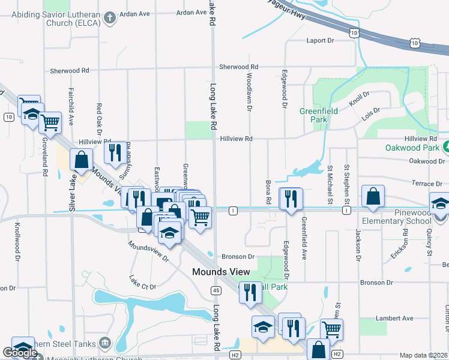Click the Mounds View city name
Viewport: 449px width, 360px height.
click(221, 272)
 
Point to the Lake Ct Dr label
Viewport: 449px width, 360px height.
click(142, 282)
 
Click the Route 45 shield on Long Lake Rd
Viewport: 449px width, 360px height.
click(215, 290)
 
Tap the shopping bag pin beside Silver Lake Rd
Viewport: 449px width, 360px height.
click(81, 161)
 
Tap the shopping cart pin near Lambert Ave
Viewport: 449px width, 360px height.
click(332, 329)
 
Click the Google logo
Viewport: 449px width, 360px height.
click(19, 353)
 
